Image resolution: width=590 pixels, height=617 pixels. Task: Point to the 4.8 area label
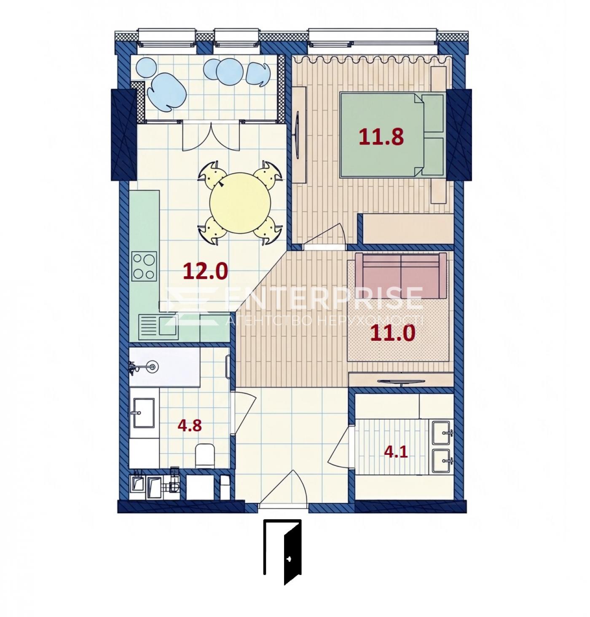coord(189,425)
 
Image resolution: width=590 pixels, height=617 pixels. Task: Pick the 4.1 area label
coord(395,451)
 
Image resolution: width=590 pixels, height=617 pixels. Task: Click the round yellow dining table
coord(240,203)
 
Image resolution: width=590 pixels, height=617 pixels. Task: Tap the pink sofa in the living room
coord(401,275)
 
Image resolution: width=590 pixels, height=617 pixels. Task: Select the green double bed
coord(392,135)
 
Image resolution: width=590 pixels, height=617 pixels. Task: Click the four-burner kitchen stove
coord(144,266)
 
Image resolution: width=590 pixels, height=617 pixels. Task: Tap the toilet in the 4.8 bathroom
coord(204,456)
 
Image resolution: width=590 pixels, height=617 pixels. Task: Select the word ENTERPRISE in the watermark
coord(324,298)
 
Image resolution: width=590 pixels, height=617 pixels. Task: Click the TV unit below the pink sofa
coord(401,379)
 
